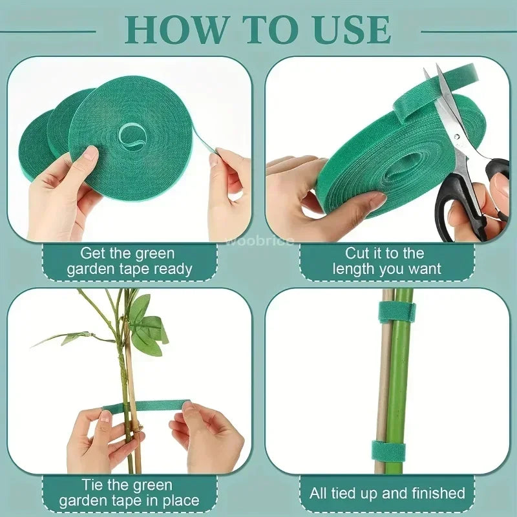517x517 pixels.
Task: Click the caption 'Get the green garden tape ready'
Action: (129, 261)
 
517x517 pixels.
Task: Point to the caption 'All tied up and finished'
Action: (386, 494)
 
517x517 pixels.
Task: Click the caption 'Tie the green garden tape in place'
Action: (129, 492)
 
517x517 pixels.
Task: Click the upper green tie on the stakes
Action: (396, 311)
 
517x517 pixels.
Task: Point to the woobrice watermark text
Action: (260, 241)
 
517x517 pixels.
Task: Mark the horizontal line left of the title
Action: (48, 31)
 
